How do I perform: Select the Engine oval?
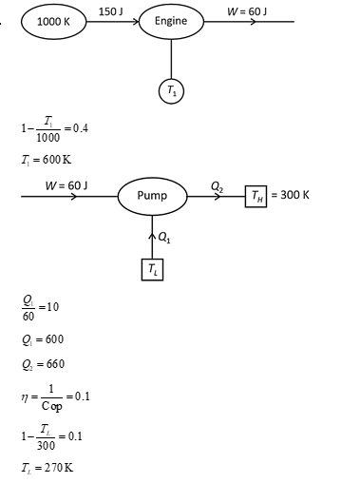[171, 21]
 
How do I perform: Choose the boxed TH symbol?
[256, 196]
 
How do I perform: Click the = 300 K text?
[292, 196]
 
